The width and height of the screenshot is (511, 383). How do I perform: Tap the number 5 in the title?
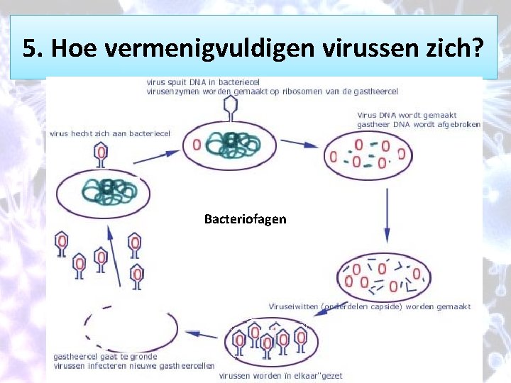pos(29,48)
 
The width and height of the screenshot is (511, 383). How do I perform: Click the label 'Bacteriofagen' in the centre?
pos(245,219)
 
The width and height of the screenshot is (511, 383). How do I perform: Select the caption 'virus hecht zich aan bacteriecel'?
pos(110,133)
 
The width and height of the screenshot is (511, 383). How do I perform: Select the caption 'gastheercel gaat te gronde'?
pos(105,356)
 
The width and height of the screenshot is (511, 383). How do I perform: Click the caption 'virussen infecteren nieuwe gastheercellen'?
pos(134,366)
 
